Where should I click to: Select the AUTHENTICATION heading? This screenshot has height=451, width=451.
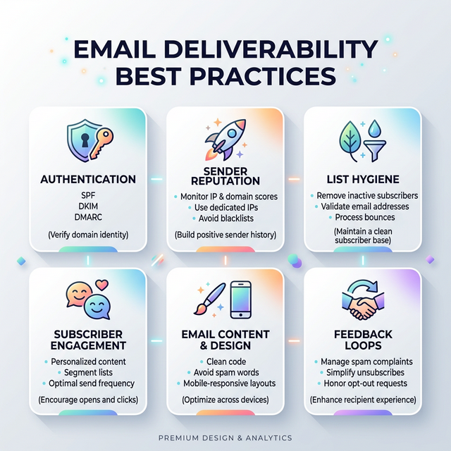click(x=88, y=179)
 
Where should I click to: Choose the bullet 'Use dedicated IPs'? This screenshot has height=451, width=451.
click(x=225, y=208)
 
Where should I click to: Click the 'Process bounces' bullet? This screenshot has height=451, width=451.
click(x=362, y=217)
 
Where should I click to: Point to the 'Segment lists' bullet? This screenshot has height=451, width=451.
click(x=87, y=372)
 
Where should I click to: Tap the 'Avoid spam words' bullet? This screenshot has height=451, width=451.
click(x=225, y=372)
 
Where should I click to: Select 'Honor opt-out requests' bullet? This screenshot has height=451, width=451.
click(x=362, y=383)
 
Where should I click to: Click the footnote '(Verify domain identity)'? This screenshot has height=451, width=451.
click(x=87, y=233)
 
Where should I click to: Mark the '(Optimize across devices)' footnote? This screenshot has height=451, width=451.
click(x=225, y=400)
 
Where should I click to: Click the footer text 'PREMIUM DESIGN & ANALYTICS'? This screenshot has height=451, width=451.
click(x=225, y=438)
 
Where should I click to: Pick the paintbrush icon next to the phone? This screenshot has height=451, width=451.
click(x=207, y=299)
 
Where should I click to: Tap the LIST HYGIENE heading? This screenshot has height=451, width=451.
click(x=362, y=179)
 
